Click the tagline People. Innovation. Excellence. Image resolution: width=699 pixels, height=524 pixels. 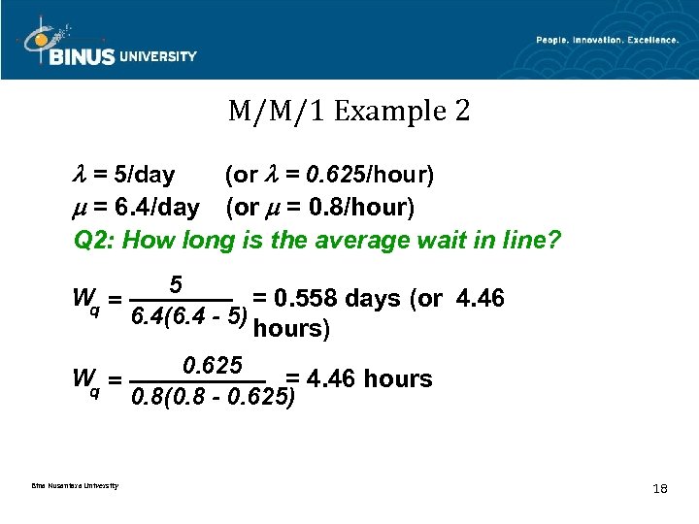[x=607, y=40]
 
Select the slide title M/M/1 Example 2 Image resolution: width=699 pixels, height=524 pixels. [x=349, y=112]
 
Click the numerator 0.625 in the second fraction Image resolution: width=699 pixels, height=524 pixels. [x=212, y=366]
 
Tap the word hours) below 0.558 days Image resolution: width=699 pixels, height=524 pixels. [x=291, y=328]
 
